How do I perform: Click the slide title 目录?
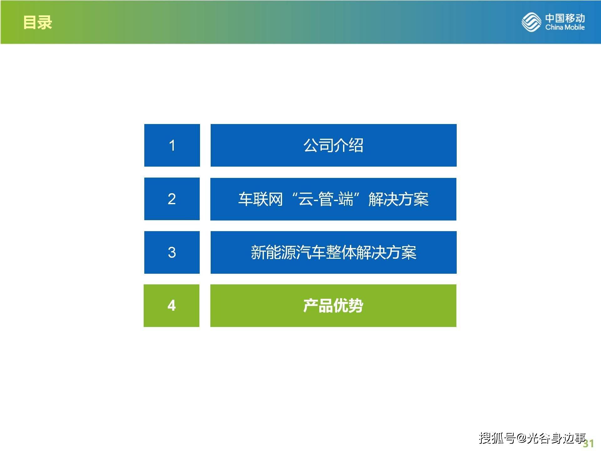pyautogui.click(x=38, y=23)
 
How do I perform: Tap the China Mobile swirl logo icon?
pyautogui.click(x=531, y=22)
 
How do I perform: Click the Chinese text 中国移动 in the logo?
pyautogui.click(x=565, y=18)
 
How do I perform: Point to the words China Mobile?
pyautogui.click(x=565, y=27)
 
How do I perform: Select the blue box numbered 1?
pyautogui.click(x=172, y=145)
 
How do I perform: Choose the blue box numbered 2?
pyautogui.click(x=172, y=199)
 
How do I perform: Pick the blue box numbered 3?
pyautogui.click(x=172, y=252)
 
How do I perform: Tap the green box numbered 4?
pyautogui.click(x=172, y=306)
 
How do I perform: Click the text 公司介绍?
pyautogui.click(x=333, y=145)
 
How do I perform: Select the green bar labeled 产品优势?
pyautogui.click(x=333, y=306)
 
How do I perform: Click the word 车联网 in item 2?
pyautogui.click(x=260, y=199)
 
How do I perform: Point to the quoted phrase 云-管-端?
pyautogui.click(x=326, y=199)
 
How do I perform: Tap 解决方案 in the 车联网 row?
pyautogui.click(x=398, y=199)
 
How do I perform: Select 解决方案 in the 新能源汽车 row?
pyautogui.click(x=387, y=252)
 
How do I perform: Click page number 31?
pyautogui.click(x=588, y=443)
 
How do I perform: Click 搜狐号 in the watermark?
pyautogui.click(x=497, y=438)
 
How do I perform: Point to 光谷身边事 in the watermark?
pyautogui.click(x=556, y=438)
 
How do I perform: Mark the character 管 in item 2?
pyautogui.click(x=326, y=199)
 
